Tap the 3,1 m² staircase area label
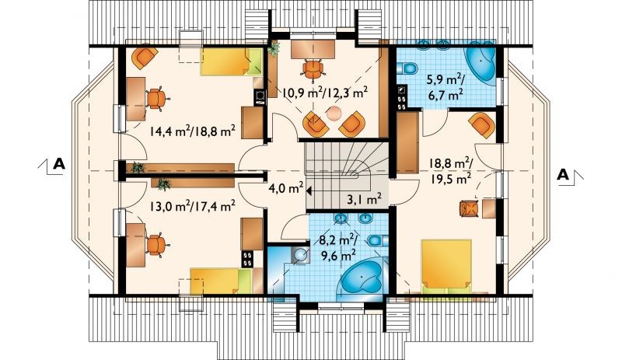click(x=365, y=198)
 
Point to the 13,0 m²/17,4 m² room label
click(x=193, y=205)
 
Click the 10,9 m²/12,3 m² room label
click(x=325, y=93)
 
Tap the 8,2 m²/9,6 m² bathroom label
click(x=338, y=247)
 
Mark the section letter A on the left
click(x=59, y=163)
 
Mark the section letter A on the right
click(x=563, y=175)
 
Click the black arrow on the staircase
click(x=308, y=191)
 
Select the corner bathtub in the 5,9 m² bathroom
click(x=480, y=62)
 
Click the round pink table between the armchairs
click(x=334, y=114)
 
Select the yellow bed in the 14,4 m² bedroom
click(x=231, y=62)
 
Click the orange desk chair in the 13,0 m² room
click(x=156, y=244)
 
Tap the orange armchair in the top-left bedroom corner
click(x=143, y=58)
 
